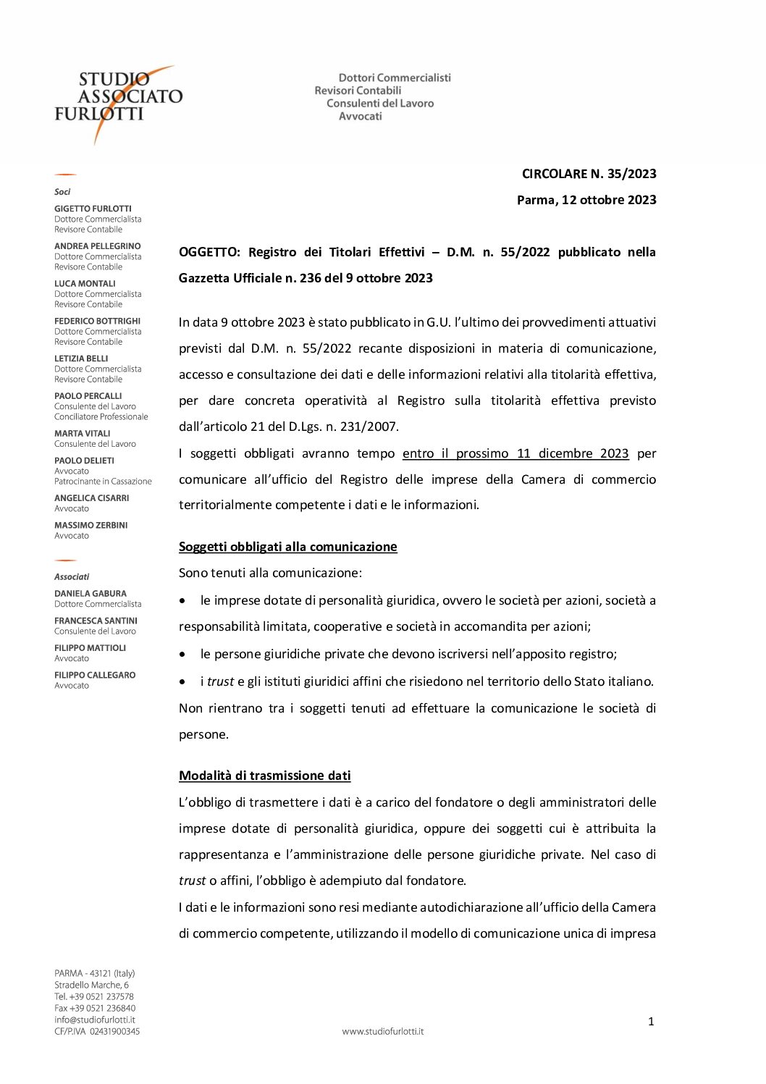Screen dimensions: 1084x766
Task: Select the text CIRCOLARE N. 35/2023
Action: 589,174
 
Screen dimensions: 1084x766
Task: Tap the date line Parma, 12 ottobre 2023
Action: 586,200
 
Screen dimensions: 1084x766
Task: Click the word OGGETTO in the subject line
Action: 209,252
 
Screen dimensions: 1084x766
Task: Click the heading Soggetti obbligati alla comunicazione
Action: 287,547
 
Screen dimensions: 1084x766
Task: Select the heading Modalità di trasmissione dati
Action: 264,776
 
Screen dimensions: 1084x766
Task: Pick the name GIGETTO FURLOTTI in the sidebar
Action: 93,209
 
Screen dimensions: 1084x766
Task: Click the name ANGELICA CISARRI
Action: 91,498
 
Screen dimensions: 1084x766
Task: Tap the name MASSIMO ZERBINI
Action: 91,525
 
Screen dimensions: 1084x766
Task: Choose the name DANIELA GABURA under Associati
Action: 90,593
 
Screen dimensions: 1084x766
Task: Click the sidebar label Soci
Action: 62,192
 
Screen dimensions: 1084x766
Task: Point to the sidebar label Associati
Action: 72,577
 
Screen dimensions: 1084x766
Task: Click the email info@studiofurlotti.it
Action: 94,1020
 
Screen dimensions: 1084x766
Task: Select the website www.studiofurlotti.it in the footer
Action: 382,1031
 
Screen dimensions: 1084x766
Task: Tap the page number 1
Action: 650,1022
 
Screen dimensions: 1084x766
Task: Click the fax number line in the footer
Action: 94,1008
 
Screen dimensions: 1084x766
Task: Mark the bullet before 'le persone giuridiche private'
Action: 183,655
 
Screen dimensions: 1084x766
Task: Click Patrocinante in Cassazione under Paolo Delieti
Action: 103,482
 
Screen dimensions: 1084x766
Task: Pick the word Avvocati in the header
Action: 360,117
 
